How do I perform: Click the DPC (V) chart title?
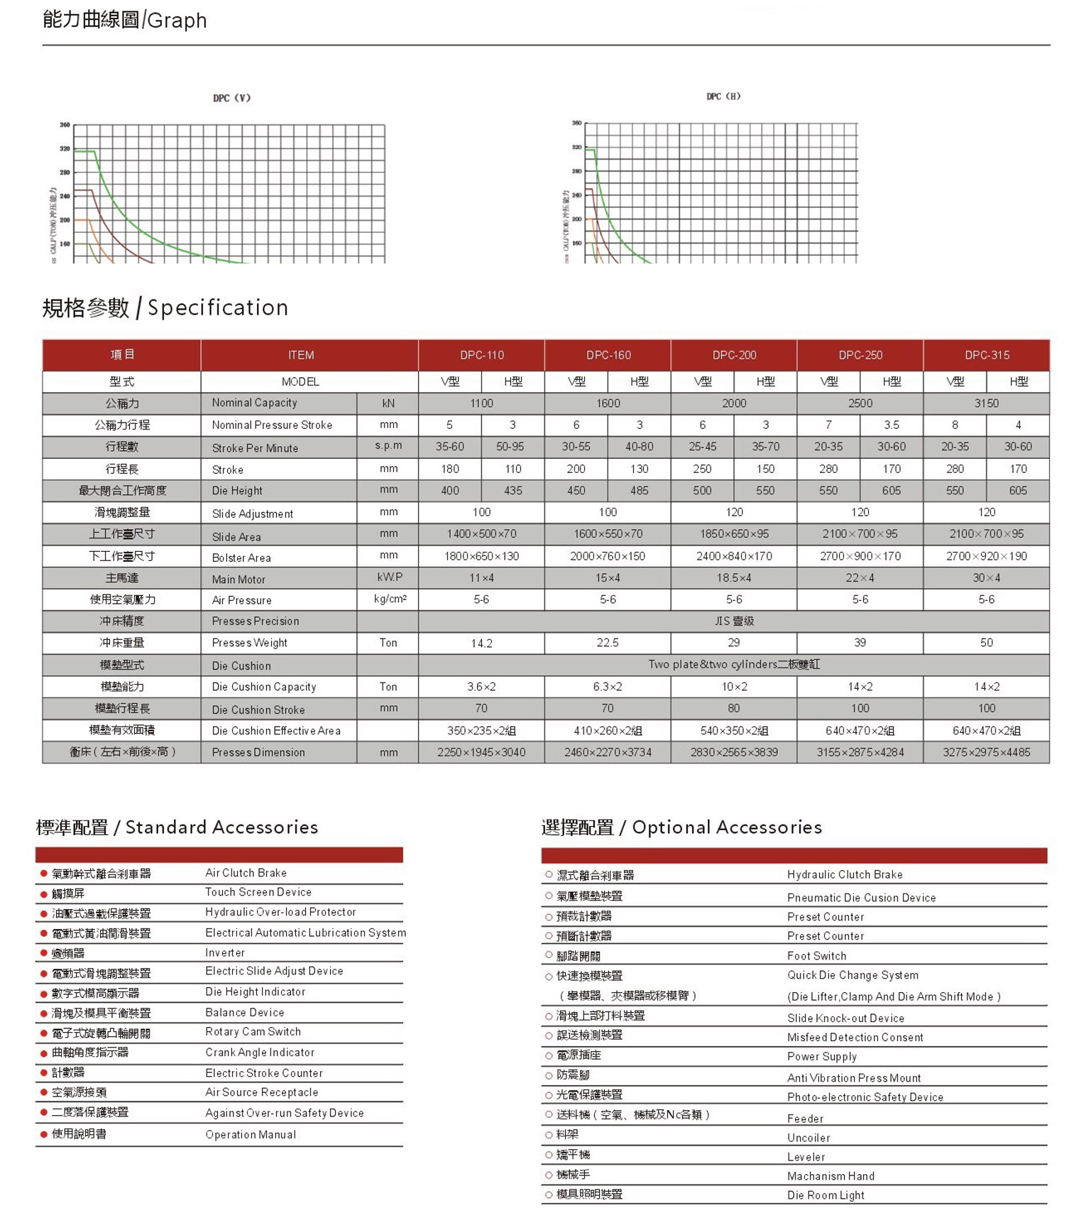[x=231, y=98]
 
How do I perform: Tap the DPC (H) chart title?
[x=723, y=97]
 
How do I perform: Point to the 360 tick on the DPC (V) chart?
[x=65, y=125]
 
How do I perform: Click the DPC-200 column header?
[x=734, y=355]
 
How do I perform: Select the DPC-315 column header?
[x=986, y=355]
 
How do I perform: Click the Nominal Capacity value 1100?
[x=481, y=403]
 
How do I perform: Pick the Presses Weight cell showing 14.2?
[x=481, y=643]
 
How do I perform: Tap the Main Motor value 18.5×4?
[x=734, y=578]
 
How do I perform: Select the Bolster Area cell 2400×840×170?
[x=734, y=556]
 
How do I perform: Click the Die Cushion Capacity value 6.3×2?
[x=608, y=687]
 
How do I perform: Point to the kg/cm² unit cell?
[x=390, y=599]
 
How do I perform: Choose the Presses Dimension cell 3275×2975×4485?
[x=986, y=752]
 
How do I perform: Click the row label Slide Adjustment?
[x=252, y=513]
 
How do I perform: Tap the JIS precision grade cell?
[x=734, y=621]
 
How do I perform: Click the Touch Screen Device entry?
[x=258, y=892]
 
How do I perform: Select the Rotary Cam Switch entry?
[x=253, y=1031]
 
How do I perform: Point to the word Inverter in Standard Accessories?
[x=225, y=952]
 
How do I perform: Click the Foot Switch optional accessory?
[x=816, y=956]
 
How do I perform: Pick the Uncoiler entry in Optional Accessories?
[x=808, y=1138]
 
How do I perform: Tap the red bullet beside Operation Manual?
[x=44, y=1134]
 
